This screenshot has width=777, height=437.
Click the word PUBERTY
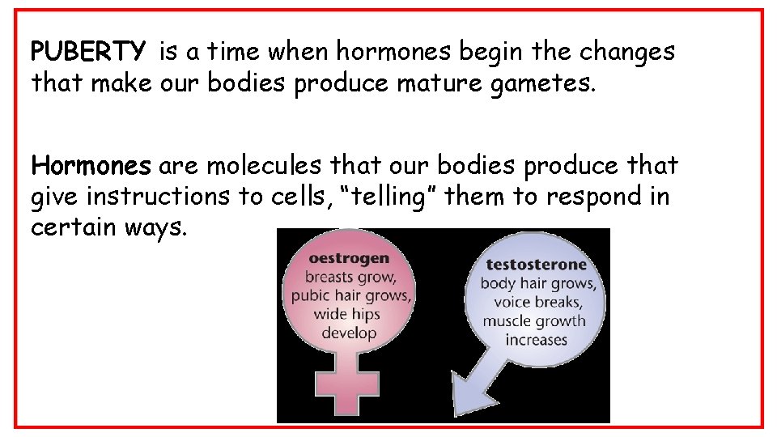click(x=88, y=53)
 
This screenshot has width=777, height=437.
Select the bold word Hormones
click(x=91, y=166)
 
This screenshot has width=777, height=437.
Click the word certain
click(x=74, y=227)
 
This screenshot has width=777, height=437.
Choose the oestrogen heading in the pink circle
click(x=348, y=259)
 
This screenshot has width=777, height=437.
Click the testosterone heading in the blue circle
click(x=536, y=265)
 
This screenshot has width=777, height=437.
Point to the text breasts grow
click(x=350, y=278)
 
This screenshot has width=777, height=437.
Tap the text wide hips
click(x=349, y=314)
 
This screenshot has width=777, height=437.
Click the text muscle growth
click(x=534, y=320)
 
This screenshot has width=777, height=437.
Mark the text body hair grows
click(x=537, y=283)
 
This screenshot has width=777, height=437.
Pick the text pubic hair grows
click(x=350, y=295)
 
